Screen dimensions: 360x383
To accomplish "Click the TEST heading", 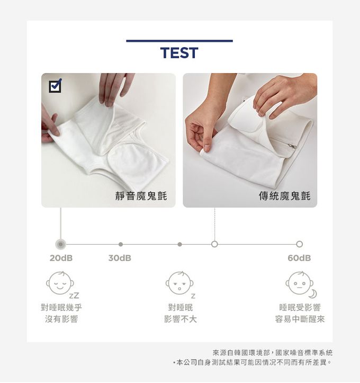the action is click(x=179, y=53).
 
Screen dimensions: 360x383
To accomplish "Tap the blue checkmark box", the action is click(x=55, y=85).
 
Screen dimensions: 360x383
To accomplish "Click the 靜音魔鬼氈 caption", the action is click(x=141, y=196).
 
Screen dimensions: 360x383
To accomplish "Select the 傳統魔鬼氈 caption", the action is click(x=285, y=196).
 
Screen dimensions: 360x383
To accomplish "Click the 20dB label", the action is click(x=61, y=258).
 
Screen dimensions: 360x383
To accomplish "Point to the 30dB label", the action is click(x=120, y=258).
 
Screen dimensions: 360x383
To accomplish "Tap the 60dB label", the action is click(x=299, y=258).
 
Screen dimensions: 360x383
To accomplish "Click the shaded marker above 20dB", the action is click(x=60, y=244).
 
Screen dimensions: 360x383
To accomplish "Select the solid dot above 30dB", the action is click(x=121, y=244).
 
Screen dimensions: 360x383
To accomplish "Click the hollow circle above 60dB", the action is click(x=300, y=244).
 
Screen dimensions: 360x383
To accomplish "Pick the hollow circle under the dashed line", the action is click(x=214, y=244).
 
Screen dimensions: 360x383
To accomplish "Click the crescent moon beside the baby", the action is click(x=313, y=294).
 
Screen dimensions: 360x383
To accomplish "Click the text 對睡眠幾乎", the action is click(x=61, y=308).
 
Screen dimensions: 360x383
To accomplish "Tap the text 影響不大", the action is click(x=181, y=319).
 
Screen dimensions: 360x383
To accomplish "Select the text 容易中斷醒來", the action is click(x=300, y=319).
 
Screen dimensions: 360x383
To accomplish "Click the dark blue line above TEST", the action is click(x=179, y=41).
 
